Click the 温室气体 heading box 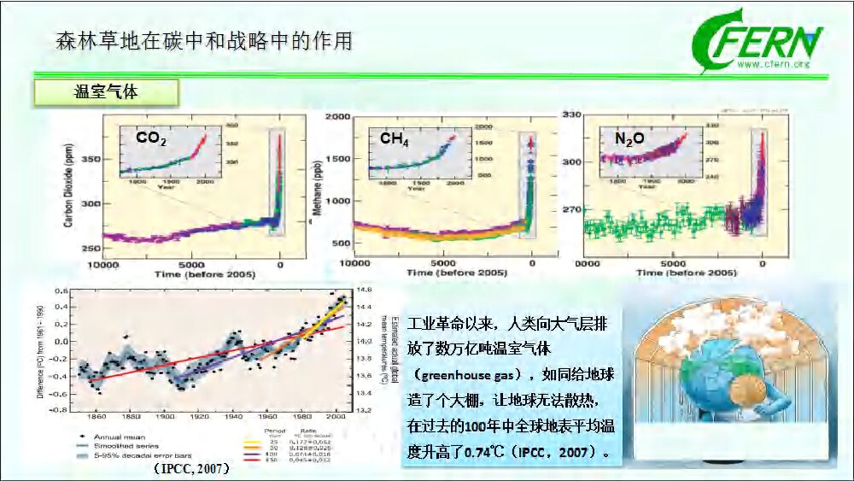tap(106, 92)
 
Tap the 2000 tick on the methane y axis tap(338, 116)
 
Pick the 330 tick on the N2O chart tap(571, 115)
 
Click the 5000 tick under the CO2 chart tap(193, 264)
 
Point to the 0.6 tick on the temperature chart tap(61, 291)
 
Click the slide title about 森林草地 tap(204, 40)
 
